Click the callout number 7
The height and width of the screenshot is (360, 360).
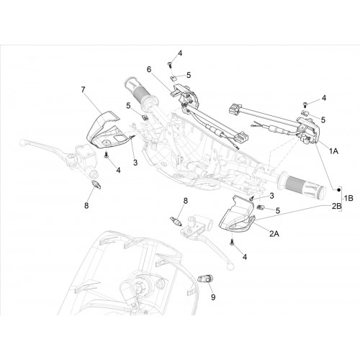pos(83,90)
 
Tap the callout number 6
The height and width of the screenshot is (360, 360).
pos(149,70)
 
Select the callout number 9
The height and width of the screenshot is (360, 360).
pos(213,297)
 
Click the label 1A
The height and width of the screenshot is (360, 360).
pos(334,151)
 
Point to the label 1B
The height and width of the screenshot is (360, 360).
pos(348,198)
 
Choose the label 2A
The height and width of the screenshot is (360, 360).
pos(274,233)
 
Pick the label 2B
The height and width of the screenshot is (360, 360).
pos(336,206)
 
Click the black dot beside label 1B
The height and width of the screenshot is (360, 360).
pos(338,190)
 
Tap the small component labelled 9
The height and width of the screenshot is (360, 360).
pos(203,279)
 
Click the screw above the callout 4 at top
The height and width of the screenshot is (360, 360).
pos(169,64)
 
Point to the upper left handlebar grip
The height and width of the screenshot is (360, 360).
pos(140,91)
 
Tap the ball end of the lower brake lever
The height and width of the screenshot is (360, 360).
pos(230,266)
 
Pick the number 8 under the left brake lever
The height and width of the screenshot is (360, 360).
pos(86,205)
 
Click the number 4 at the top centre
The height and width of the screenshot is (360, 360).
pos(180,53)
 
